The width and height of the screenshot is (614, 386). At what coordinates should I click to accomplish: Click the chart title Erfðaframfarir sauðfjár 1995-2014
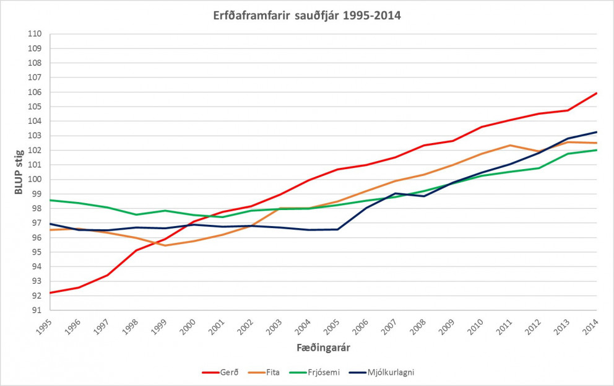(307, 15)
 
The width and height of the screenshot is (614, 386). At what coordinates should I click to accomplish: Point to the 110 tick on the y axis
(35, 34)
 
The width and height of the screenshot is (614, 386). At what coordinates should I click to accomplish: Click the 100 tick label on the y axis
(35, 180)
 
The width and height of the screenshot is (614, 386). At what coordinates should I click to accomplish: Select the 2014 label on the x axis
(591, 327)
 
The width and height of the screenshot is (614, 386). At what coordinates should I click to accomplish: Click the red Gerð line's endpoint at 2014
(597, 93)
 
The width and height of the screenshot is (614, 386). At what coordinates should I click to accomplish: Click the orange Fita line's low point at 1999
(165, 245)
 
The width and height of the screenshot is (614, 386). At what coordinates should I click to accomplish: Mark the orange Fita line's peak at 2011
(510, 145)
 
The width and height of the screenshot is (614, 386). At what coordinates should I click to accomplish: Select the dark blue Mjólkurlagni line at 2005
(337, 229)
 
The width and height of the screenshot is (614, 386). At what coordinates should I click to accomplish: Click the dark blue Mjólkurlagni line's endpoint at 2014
(597, 132)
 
